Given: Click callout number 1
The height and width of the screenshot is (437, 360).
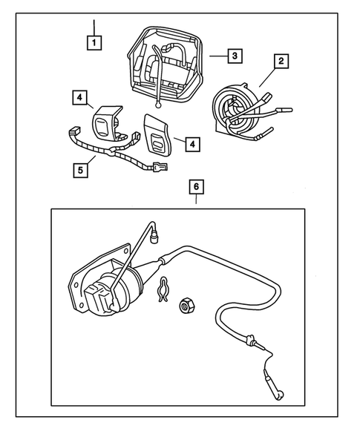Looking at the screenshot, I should coord(94,42).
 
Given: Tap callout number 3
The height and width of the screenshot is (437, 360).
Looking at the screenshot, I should coord(233,55).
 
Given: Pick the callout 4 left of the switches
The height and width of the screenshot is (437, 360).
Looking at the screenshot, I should coord(78,97).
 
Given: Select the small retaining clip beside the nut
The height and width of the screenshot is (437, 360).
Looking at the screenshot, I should coord(166,292).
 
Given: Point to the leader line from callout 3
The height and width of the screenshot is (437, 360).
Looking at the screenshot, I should coord(216,56).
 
